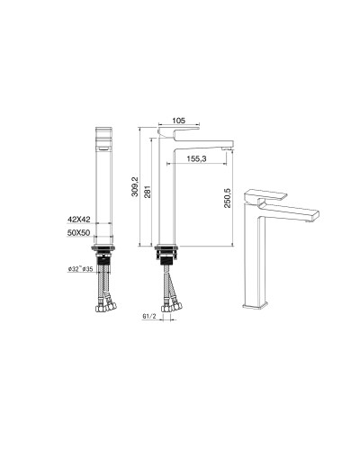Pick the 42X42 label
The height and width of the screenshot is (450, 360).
point(80,219)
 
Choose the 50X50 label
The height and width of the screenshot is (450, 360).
point(80,232)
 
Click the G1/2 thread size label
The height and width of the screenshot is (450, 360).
point(150,317)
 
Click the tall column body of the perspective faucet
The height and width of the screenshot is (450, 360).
point(257,256)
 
